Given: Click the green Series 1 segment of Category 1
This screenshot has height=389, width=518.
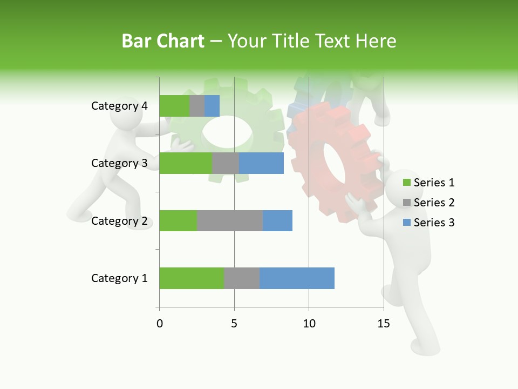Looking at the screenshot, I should point(192,278).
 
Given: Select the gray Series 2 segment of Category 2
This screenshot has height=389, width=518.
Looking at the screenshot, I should point(230,220).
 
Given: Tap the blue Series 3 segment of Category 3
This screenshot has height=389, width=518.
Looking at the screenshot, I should point(261,163).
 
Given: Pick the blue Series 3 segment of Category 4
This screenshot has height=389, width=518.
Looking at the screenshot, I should point(212,106).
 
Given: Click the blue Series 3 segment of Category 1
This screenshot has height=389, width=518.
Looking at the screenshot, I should point(297,278).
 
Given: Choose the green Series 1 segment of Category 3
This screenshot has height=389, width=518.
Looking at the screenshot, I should point(186,163).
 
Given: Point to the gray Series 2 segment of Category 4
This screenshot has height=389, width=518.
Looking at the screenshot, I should point(197,106).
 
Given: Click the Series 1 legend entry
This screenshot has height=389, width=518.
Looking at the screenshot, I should point(428,183).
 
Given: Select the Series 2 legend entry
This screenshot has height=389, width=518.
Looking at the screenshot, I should point(428,203).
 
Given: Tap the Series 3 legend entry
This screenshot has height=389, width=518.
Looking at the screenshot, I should point(428,223).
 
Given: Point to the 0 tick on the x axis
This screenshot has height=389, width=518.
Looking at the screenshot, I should point(159,324).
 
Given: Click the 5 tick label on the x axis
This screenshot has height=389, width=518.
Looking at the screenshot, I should point(234,324).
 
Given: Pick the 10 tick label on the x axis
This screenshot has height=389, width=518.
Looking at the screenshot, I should point(309,324).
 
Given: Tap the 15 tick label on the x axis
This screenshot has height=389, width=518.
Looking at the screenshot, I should point(384,324).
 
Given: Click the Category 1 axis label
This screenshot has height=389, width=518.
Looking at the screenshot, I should point(119,278).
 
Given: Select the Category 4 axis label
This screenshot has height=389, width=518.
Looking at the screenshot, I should point(119,106).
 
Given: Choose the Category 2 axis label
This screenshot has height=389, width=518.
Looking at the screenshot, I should point(119,220).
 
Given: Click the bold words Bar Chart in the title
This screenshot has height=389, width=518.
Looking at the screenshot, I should point(162,41).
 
